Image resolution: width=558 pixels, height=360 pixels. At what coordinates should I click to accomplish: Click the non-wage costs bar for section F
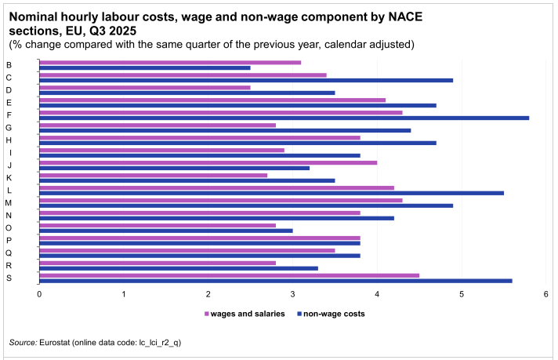pyautogui.click(x=284, y=118)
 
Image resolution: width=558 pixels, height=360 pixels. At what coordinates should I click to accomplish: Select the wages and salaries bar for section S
pyautogui.click(x=229, y=275)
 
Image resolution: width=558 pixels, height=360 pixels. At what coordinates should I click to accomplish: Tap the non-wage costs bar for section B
pyautogui.click(x=145, y=67)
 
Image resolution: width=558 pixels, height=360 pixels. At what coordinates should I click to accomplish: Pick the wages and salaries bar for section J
pyautogui.click(x=208, y=162)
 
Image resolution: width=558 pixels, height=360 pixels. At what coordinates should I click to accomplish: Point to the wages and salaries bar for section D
pyautogui.click(x=145, y=87)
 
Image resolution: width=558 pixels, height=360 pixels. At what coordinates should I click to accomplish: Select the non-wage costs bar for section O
pyautogui.click(x=166, y=231)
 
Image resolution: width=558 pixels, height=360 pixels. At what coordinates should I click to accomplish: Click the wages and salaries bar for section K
pyautogui.click(x=153, y=175)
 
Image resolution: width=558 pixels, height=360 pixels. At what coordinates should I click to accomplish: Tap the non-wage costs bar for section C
pyautogui.click(x=246, y=80)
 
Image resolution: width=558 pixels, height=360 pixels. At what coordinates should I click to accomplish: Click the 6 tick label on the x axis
pyautogui.click(x=545, y=294)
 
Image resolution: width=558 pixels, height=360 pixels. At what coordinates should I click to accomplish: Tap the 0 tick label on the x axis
pyautogui.click(x=39, y=294)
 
